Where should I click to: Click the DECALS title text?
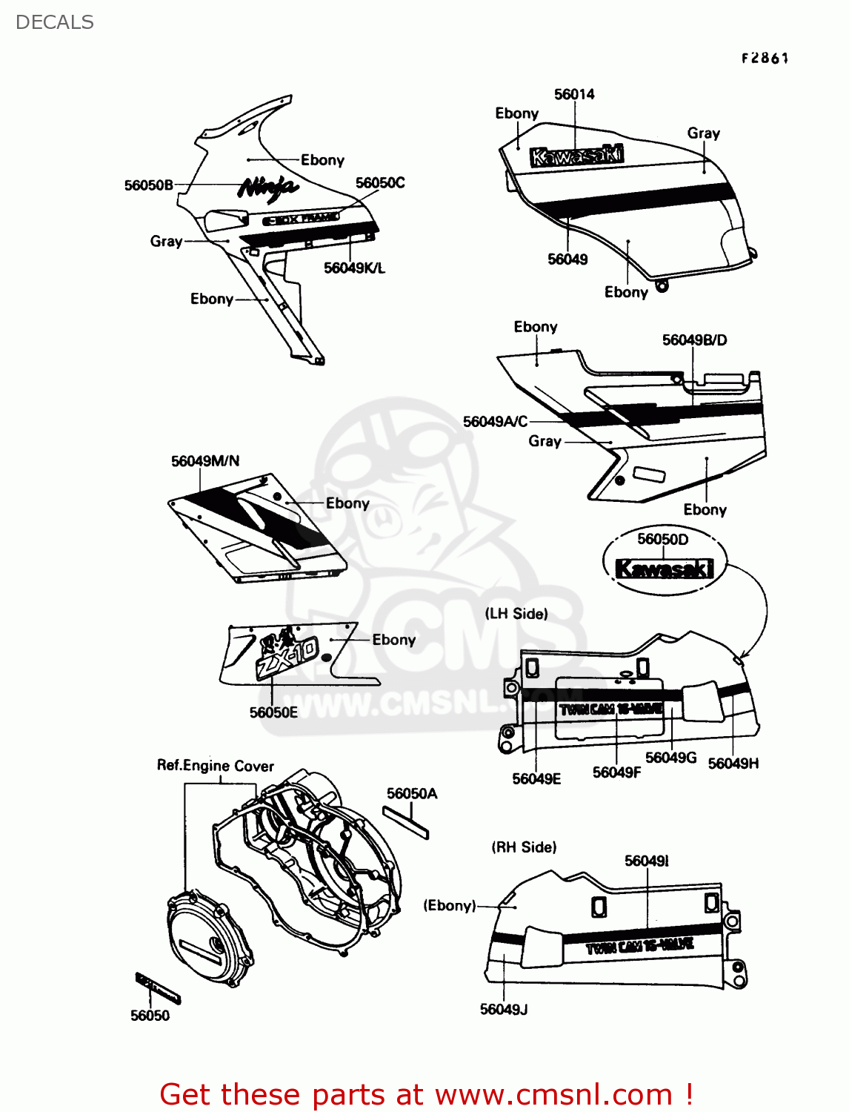[x=54, y=22]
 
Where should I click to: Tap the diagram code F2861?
[x=765, y=58]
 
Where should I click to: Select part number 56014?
[x=574, y=94]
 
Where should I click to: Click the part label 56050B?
[x=148, y=185]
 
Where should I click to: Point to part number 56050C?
[x=380, y=183]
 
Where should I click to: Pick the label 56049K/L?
[x=354, y=268]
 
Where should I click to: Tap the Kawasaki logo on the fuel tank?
[x=576, y=156]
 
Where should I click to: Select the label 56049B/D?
[x=694, y=340]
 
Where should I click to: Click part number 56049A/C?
[x=495, y=422]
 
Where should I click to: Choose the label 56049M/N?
[x=205, y=461]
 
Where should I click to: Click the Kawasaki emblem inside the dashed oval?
[x=665, y=569]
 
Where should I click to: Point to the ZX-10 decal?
[x=285, y=655]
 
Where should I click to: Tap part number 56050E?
[x=273, y=712]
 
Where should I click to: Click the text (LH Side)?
[x=516, y=614]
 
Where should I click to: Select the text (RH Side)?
[x=524, y=847]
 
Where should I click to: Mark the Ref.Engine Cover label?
[x=215, y=766]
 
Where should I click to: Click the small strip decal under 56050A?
[x=405, y=821]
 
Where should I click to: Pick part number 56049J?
[x=504, y=1010]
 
